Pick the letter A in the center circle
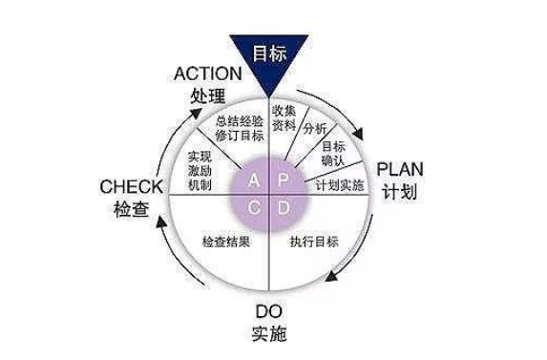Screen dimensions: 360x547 [x=253, y=180]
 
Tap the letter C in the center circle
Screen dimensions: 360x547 [x=253, y=207]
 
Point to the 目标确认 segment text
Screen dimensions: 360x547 [x=333, y=154]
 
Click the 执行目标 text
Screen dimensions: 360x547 [x=313, y=241]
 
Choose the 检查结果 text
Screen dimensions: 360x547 [x=225, y=241]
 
